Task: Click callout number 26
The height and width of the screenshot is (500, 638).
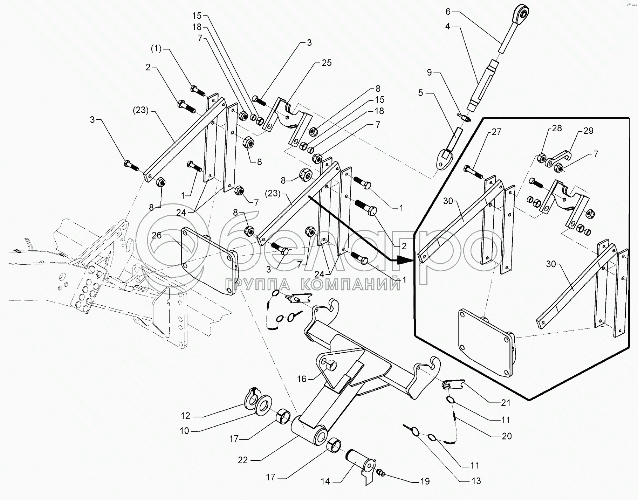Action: (157, 235)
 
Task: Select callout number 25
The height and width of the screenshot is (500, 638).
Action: (326, 63)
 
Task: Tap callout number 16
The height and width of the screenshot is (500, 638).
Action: (302, 379)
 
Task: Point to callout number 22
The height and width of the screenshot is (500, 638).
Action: (243, 460)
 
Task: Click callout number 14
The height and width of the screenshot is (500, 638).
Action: (325, 482)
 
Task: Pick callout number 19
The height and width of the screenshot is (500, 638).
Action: (425, 481)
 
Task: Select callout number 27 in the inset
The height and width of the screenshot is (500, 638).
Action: (496, 132)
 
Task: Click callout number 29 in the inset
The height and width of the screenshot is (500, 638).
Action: (588, 131)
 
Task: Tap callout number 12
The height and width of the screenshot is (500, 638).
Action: (186, 416)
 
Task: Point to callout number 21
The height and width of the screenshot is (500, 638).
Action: (506, 403)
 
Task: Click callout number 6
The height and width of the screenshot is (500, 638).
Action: (448, 12)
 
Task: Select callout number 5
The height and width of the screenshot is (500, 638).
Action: (420, 93)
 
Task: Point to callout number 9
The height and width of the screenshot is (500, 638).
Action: (430, 73)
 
